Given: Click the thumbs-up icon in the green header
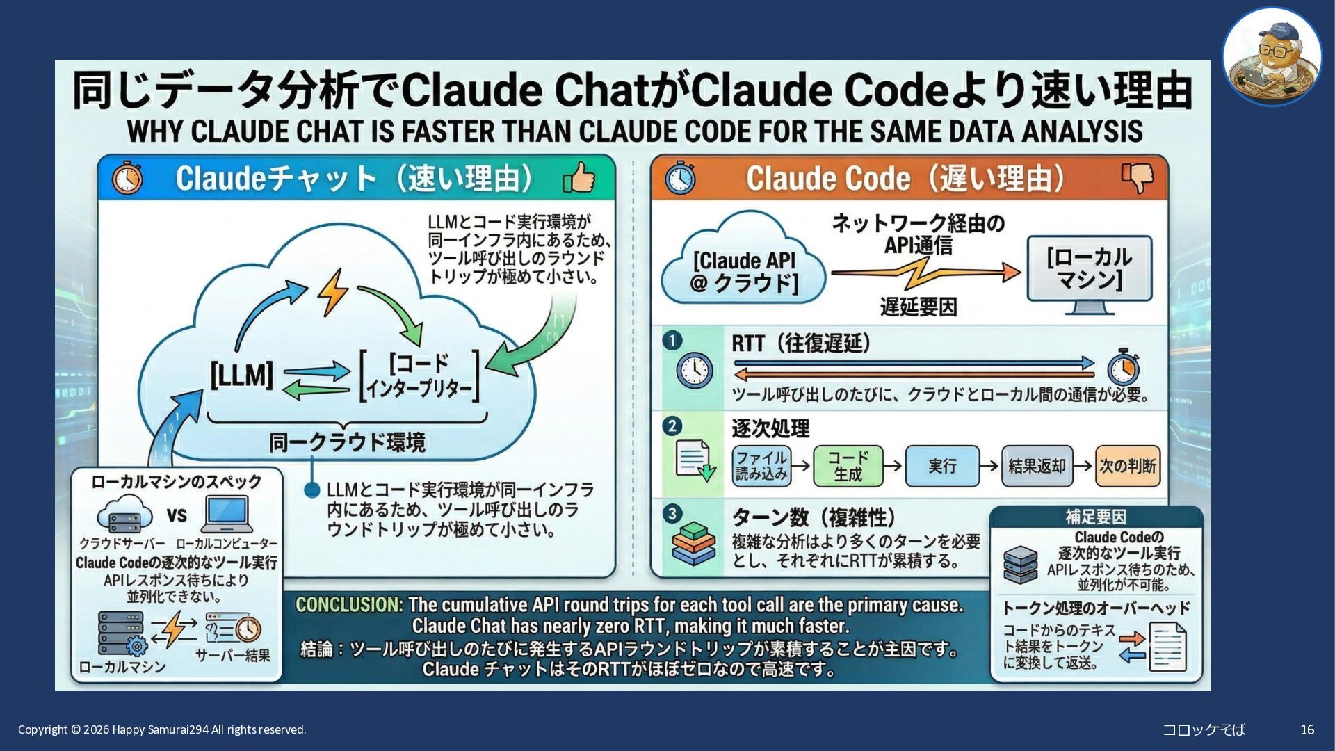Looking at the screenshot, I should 579,177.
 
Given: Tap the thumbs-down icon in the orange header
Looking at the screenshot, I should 1138,177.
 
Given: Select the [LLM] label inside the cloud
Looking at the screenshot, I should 242,375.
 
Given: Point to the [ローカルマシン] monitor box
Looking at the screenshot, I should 1090,268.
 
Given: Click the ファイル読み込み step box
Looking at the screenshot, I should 761,466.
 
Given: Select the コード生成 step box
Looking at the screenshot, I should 848,466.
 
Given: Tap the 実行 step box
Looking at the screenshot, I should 942,466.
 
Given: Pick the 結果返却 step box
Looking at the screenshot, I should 1037,466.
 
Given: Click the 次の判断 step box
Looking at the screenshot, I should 1128,466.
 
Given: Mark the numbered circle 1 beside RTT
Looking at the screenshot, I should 672,341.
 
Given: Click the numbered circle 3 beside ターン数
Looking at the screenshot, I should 672,514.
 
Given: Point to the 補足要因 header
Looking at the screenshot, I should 1096,517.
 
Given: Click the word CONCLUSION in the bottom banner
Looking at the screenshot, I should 348,605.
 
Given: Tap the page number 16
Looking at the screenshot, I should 1307,729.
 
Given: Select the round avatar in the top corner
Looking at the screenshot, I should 1272,56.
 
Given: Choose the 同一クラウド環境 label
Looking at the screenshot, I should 347,442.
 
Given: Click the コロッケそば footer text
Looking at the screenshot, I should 1204,729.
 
